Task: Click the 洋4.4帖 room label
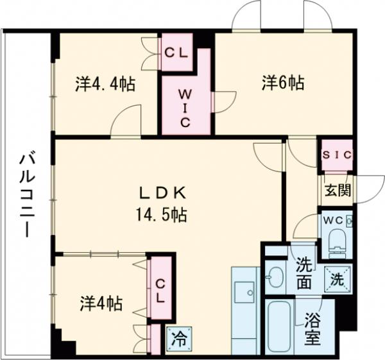coord(105,84)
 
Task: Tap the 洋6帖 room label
coord(282,83)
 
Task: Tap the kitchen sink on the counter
coord(244,293)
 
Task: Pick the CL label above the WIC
coord(175,54)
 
